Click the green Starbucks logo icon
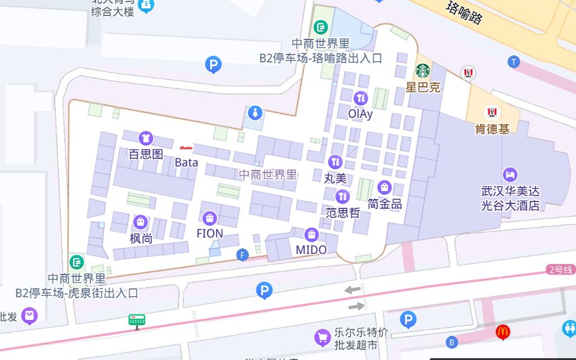tap(422, 71)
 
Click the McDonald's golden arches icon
tap(502, 332)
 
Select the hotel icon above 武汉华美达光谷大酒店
tap(510, 175)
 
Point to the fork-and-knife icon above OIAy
tap(361, 97)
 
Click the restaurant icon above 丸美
tap(335, 162)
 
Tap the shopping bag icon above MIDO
tap(311, 234)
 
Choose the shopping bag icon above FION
tap(209, 218)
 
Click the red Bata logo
tap(186, 148)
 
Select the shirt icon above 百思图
tap(146, 138)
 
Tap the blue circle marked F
tap(243, 255)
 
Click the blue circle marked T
tap(514, 62)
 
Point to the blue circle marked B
tap(452, 342)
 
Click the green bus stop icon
tap(137, 320)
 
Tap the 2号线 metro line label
tap(560, 270)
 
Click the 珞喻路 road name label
tap(464, 13)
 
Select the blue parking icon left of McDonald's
tap(408, 319)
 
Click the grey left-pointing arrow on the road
tap(353, 290)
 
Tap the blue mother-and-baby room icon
tap(256, 113)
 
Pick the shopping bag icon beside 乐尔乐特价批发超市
tap(322, 338)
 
